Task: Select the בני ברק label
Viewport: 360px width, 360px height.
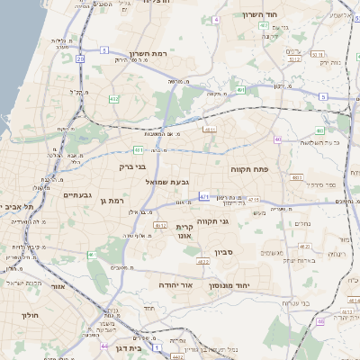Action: (132, 166)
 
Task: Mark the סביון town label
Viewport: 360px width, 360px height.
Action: (224, 253)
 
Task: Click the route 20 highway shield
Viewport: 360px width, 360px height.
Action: (80, 58)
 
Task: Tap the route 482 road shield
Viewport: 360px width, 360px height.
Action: (114, 100)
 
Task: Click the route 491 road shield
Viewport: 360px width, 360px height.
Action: (239, 90)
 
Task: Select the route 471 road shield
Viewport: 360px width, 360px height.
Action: (205, 196)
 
